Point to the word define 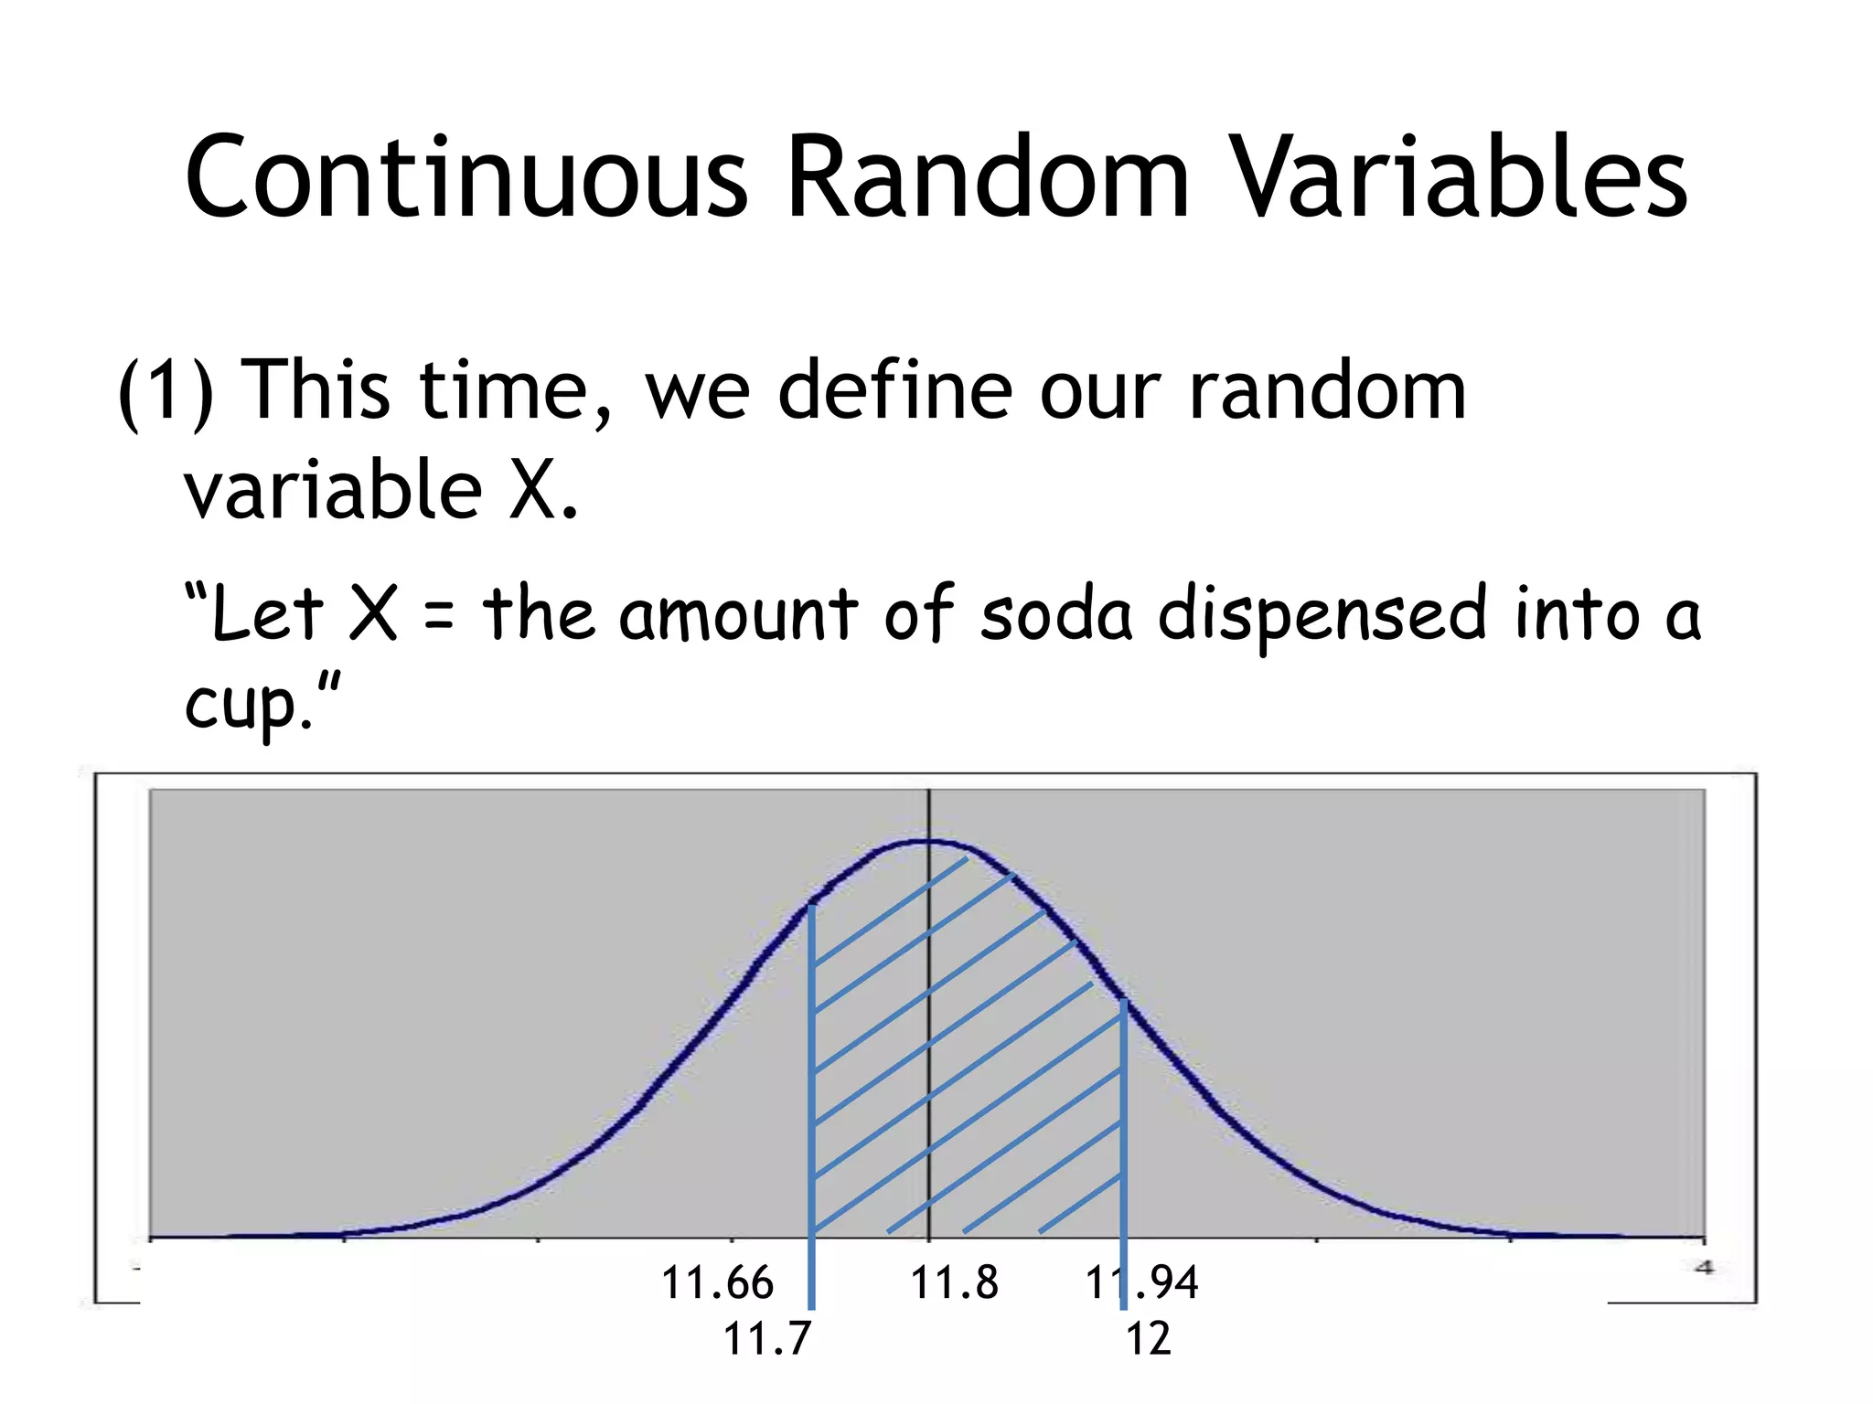click(x=894, y=391)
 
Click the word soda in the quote click(x=1056, y=613)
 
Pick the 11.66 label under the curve click(x=717, y=1282)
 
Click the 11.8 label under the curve click(x=954, y=1282)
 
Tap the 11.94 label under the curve click(x=1141, y=1282)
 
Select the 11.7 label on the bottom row click(x=766, y=1339)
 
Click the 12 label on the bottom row click(x=1148, y=1339)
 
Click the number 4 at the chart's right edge click(x=1704, y=1267)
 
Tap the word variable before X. click(x=333, y=490)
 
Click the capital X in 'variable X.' click(x=532, y=490)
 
